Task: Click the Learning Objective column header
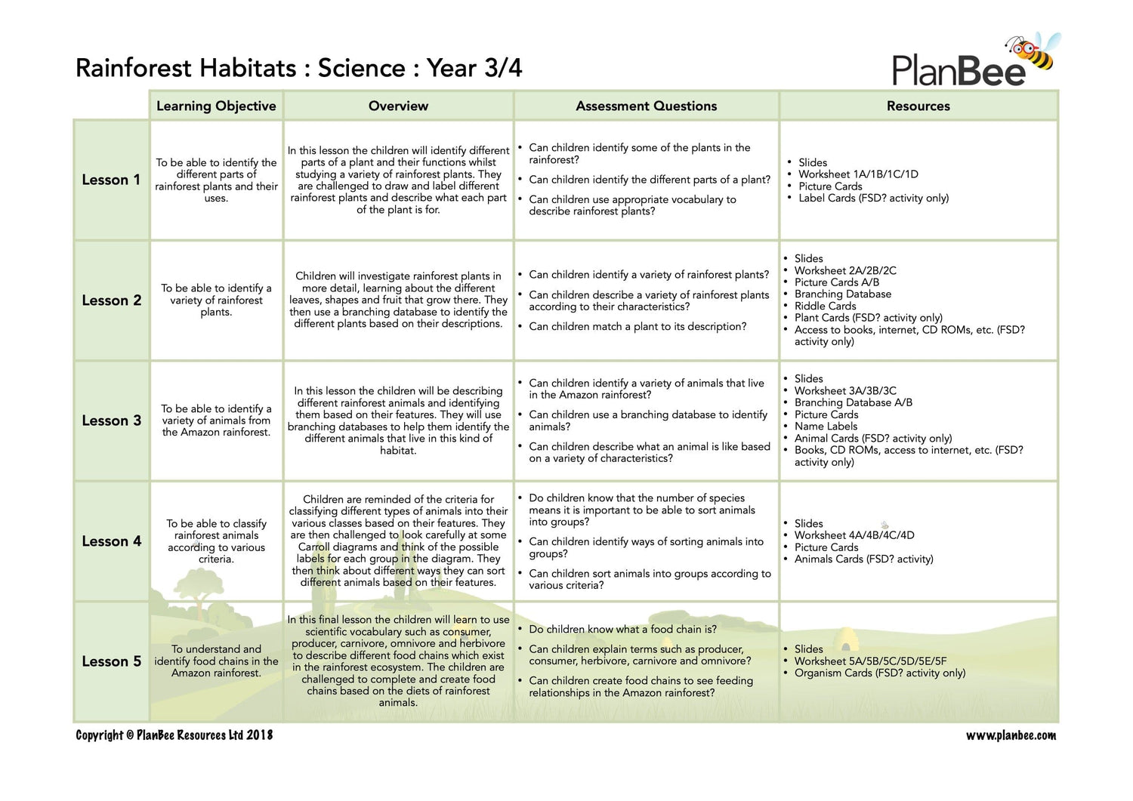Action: (216, 106)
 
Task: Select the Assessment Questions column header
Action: (646, 106)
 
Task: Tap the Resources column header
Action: (918, 106)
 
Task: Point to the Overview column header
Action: (398, 106)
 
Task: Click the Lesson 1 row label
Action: (111, 180)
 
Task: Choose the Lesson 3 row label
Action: (111, 421)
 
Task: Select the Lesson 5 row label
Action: (111, 661)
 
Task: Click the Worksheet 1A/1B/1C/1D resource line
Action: (858, 174)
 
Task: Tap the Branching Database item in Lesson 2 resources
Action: (842, 294)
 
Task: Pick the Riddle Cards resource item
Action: (825, 306)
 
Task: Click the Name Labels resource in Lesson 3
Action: (826, 427)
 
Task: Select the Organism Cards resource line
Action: (879, 673)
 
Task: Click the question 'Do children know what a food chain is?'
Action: (622, 629)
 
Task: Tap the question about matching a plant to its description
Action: (638, 326)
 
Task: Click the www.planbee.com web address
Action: (1011, 735)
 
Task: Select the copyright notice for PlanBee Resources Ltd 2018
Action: (174, 735)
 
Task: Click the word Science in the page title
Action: (361, 68)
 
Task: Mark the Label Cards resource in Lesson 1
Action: (873, 198)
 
